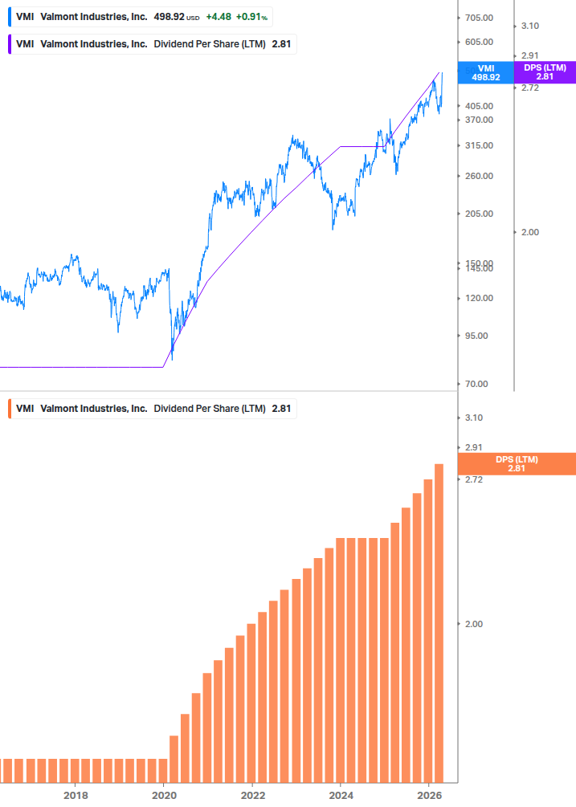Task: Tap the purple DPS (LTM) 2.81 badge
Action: point(544,72)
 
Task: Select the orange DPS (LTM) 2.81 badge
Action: point(516,463)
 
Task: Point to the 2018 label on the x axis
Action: point(76,795)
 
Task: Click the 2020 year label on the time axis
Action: point(164,795)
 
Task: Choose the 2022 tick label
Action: point(252,795)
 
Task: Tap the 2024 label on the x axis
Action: point(341,795)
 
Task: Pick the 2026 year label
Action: point(430,795)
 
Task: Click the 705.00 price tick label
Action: point(479,18)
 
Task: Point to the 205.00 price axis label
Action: point(479,214)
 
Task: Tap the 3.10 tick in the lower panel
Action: point(473,418)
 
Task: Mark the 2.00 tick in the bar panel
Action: point(473,624)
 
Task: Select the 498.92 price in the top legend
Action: point(168,17)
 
